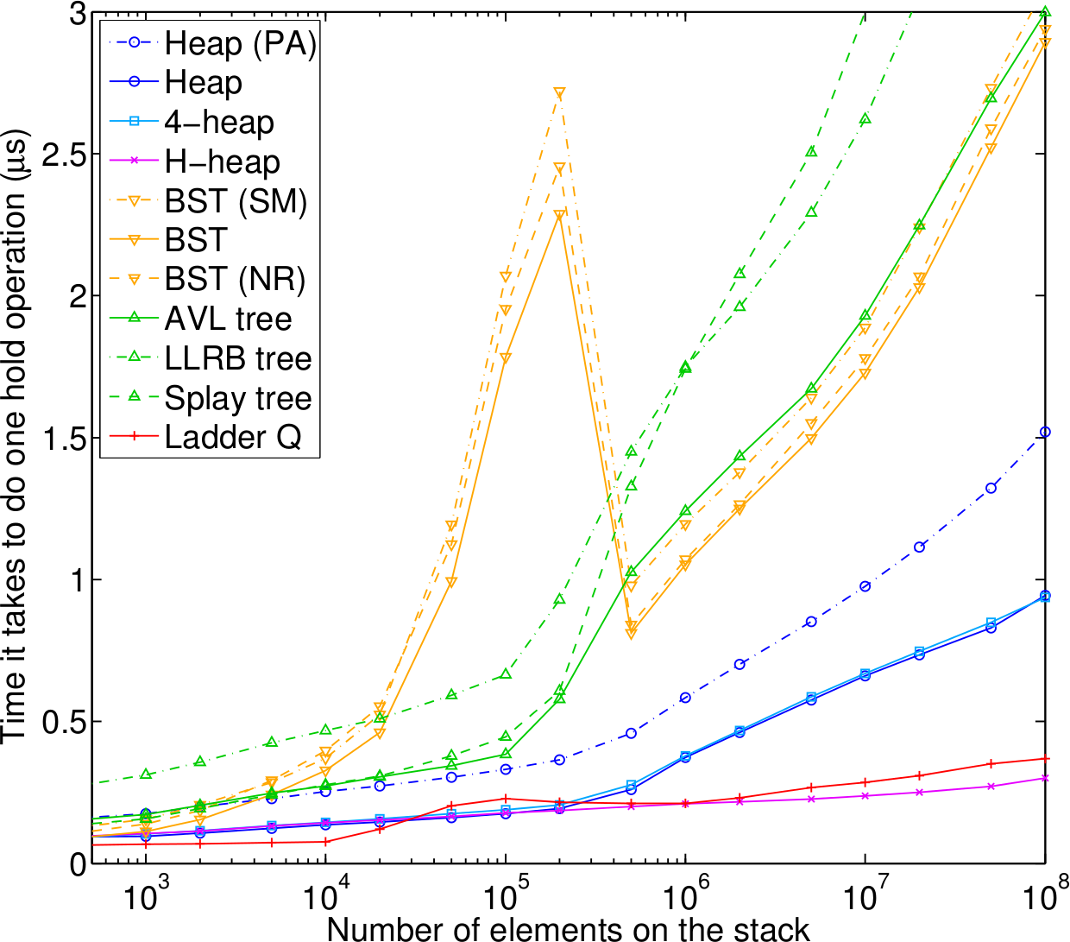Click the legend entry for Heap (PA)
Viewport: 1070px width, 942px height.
pyautogui.click(x=240, y=44)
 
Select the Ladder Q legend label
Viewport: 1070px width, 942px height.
pyautogui.click(x=233, y=438)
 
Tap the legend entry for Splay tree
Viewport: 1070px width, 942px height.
pyautogui.click(x=237, y=398)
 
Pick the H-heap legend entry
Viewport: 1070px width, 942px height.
pyautogui.click(x=222, y=162)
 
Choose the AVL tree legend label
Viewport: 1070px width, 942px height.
pyautogui.click(x=228, y=319)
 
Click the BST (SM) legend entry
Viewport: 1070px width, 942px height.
pyautogui.click(x=236, y=201)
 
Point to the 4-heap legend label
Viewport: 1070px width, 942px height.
pyautogui.click(x=219, y=123)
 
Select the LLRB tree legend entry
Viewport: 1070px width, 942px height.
pyautogui.click(x=237, y=358)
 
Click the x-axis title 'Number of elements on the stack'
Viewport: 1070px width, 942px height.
pyautogui.click(x=569, y=929)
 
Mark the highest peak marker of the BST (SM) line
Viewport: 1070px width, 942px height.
pyautogui.click(x=559, y=93)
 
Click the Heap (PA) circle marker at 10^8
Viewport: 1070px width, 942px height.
pyautogui.click(x=1045, y=432)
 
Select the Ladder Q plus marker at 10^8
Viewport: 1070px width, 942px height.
pyautogui.click(x=1045, y=759)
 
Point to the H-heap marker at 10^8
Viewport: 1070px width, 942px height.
pyautogui.click(x=1045, y=778)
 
